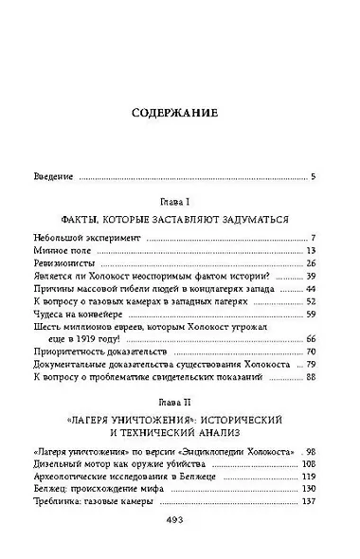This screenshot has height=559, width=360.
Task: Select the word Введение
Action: click(x=53, y=177)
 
